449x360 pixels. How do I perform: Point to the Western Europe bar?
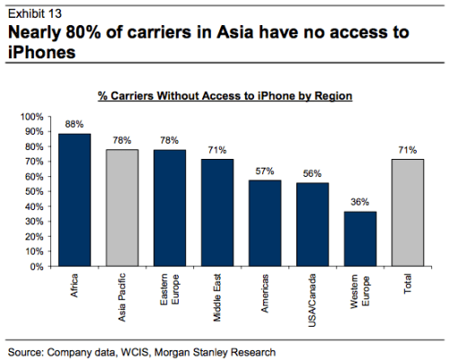coord(360,239)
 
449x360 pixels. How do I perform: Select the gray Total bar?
coord(408,213)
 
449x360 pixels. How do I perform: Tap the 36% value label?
coord(360,204)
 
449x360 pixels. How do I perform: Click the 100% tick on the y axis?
coord(31,117)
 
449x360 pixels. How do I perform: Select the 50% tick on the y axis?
coord(32,191)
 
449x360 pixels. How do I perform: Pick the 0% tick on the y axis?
coord(36,267)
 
